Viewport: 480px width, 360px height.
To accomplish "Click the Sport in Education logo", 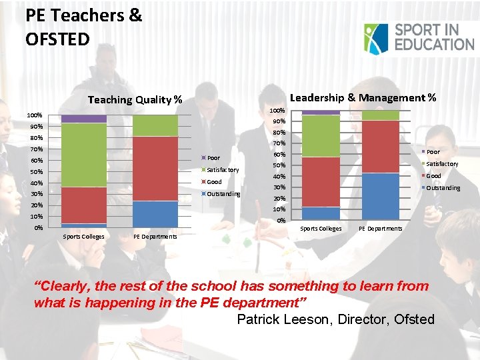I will click(x=419, y=37).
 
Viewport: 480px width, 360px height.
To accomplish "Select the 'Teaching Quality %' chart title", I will click(x=135, y=100).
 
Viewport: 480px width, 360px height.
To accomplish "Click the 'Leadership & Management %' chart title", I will click(x=363, y=97).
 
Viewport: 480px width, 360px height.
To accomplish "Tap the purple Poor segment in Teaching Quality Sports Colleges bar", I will click(x=83, y=118).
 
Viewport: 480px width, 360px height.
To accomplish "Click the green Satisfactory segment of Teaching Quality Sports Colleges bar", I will click(x=83, y=155).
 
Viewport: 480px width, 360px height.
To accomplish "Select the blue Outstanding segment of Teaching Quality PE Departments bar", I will click(x=155, y=214).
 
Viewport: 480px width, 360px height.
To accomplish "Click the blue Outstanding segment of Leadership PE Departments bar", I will click(x=380, y=197).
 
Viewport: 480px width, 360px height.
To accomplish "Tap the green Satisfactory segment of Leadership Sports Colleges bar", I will click(x=321, y=136).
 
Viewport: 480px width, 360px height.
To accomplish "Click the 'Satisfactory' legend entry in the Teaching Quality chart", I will click(x=223, y=170).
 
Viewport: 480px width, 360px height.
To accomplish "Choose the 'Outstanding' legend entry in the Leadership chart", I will click(x=443, y=188).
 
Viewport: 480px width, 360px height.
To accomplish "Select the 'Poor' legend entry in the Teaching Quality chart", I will click(x=213, y=158).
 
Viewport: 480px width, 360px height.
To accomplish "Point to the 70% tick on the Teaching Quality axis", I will click(x=36, y=149).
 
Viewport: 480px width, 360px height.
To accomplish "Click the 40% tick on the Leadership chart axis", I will click(x=278, y=177).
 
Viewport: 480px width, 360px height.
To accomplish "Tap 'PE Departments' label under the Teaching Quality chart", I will click(x=155, y=237).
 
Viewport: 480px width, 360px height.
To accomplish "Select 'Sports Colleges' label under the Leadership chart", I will click(x=321, y=229).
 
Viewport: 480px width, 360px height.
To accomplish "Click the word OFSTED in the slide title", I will click(x=57, y=39).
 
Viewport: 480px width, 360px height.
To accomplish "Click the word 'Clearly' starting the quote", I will click(x=68, y=287).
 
